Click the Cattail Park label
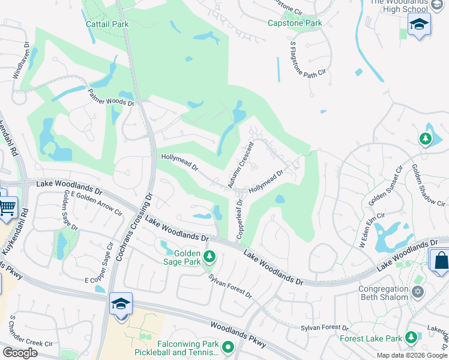[x=107, y=24]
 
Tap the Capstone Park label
[x=295, y=23]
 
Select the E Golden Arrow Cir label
[x=97, y=203]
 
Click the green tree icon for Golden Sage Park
[x=209, y=257]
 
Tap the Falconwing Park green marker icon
[x=228, y=346]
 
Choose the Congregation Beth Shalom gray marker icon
[x=418, y=292]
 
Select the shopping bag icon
[x=441, y=260]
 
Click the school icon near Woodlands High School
[x=419, y=25]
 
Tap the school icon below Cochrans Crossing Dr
[x=121, y=304]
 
